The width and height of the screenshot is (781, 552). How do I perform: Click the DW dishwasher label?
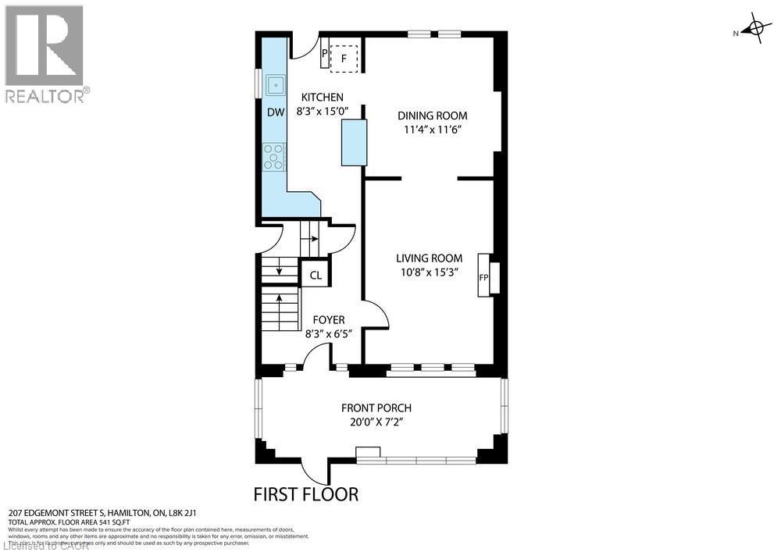(276, 112)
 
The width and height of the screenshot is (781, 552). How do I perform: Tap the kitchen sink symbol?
(276, 84)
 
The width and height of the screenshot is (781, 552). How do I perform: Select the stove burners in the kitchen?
(275, 156)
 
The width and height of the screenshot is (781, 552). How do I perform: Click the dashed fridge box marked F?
(344, 58)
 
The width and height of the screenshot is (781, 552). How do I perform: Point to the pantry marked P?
(325, 53)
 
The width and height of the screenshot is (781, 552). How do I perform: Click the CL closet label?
(316, 275)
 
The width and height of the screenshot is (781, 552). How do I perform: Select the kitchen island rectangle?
(354, 142)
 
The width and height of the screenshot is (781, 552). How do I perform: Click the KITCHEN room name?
(322, 98)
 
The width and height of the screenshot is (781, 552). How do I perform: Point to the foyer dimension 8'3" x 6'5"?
(328, 333)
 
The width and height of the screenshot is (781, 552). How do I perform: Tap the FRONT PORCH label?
(376, 408)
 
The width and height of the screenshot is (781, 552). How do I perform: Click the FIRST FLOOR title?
(306, 493)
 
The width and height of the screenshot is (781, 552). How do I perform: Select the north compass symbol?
(753, 30)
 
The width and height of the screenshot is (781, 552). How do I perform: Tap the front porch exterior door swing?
(316, 471)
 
